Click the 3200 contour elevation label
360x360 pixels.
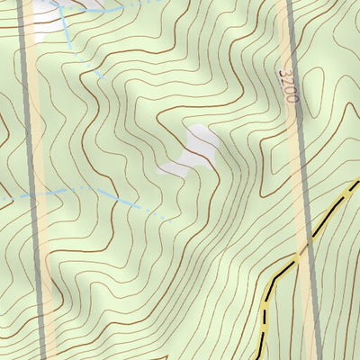(287, 85)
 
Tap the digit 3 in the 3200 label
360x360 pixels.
(286, 72)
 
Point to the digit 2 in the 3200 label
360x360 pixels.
(287, 80)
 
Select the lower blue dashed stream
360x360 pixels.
(90, 191)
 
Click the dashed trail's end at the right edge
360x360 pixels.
(357, 184)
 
